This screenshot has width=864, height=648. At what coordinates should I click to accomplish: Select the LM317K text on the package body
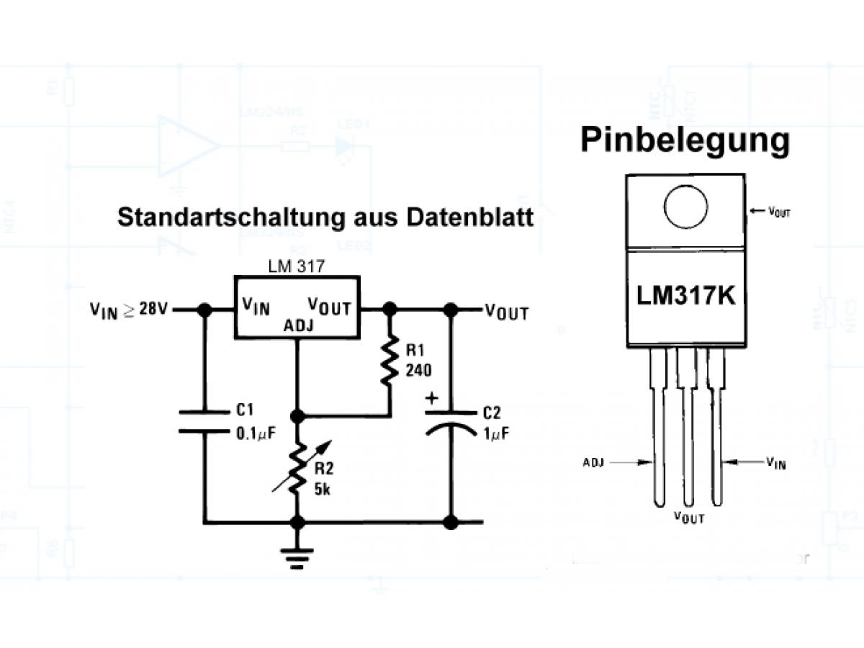coord(686,296)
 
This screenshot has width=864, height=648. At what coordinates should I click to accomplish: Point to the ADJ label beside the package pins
coord(593,462)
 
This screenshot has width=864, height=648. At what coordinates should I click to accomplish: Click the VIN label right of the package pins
coord(775,462)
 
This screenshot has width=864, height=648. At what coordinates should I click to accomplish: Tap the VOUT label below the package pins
coord(689,517)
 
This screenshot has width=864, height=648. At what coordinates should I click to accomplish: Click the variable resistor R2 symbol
coord(296,467)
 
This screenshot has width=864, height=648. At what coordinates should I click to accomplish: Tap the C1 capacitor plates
coord(204,421)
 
